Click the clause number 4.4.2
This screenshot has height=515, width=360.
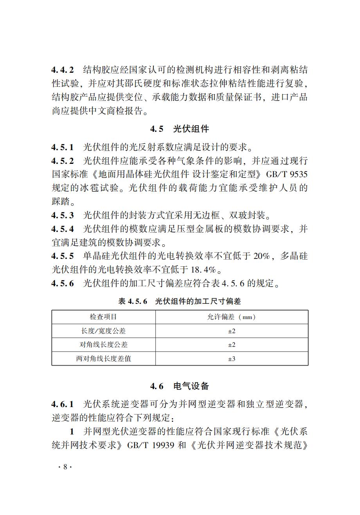pos(62,70)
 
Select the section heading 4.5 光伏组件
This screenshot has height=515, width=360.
pos(180,129)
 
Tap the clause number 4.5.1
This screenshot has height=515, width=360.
pos(62,147)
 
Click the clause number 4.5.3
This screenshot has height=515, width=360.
pos(62,215)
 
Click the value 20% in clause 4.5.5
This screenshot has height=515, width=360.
pos(262,256)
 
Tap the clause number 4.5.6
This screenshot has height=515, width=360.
pos(62,284)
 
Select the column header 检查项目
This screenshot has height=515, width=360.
pos(103,317)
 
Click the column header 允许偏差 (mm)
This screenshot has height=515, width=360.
pos(231,317)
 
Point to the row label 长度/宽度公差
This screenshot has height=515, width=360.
pos(103,331)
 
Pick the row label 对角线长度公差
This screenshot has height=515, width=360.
pos(103,345)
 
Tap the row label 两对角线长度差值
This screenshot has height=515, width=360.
pos(103,358)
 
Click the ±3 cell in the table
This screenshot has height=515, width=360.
pos(232,358)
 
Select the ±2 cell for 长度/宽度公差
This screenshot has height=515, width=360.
pos(232,331)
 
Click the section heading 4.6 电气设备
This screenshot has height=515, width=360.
pos(180,386)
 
